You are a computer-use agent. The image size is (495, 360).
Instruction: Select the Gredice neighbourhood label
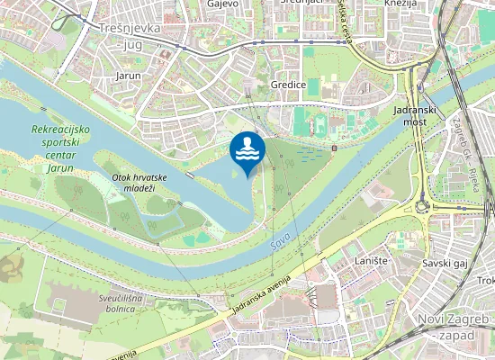(288, 84)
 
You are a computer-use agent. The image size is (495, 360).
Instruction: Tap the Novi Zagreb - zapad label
(454, 327)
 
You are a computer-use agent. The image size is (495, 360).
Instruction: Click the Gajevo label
(221, 4)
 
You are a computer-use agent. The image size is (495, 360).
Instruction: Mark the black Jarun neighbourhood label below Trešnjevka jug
(129, 76)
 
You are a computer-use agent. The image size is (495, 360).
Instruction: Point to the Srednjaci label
(301, 4)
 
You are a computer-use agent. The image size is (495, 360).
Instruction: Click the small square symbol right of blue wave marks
(334, 148)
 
